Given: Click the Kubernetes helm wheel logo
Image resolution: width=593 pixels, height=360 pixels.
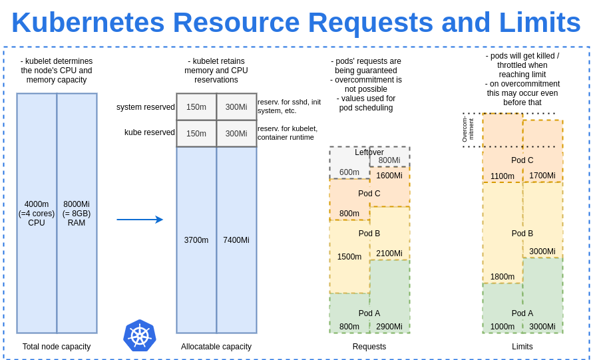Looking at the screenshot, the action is (x=140, y=335).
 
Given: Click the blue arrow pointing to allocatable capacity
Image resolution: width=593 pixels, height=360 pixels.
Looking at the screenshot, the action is (x=140, y=220).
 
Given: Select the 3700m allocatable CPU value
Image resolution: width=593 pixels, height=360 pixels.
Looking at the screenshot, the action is (x=196, y=240).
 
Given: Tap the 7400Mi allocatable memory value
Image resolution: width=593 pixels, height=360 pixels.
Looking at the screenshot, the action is (x=236, y=240).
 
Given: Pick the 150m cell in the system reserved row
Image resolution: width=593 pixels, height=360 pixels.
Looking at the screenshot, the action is (x=196, y=107).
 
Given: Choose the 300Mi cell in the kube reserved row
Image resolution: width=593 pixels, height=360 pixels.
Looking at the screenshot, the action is (x=236, y=134).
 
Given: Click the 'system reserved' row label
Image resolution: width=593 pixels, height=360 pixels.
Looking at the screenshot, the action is (x=146, y=107).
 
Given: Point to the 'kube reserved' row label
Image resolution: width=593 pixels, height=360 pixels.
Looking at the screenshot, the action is (x=150, y=132).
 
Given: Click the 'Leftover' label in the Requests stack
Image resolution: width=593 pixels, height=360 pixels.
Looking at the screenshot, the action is (x=369, y=152).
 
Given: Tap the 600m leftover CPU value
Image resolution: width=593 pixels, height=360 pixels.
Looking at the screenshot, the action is (x=349, y=172).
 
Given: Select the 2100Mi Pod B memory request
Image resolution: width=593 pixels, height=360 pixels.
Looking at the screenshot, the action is (x=389, y=254).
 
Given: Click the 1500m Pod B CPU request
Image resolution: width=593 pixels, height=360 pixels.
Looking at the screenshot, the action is (x=349, y=257).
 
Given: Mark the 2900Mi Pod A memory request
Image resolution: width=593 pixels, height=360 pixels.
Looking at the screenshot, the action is (x=389, y=327).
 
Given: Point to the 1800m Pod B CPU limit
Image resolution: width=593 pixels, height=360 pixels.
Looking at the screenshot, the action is (x=502, y=277).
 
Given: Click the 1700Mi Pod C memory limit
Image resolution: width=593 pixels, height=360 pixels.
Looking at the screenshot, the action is (x=542, y=176).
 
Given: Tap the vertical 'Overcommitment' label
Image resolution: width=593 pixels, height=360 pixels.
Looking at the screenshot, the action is (x=468, y=130).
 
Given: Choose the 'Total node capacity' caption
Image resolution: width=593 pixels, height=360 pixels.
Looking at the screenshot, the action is (x=57, y=347).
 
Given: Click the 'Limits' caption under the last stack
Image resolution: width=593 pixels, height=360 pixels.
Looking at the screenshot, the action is (x=522, y=347).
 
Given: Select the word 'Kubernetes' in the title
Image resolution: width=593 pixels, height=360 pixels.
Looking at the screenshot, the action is (x=88, y=23).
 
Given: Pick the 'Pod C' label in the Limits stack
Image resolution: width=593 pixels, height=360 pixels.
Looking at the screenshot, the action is (x=522, y=160).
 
